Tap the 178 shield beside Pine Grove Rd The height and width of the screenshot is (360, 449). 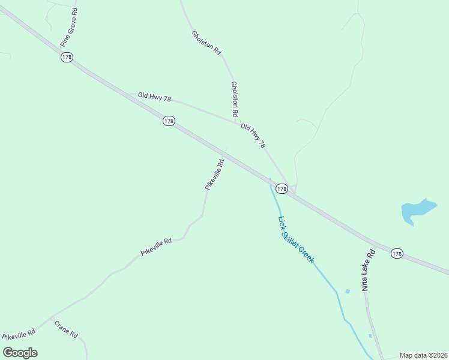tap(67, 57)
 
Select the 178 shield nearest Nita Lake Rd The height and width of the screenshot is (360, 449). tap(396, 254)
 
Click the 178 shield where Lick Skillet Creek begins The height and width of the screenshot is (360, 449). tap(282, 188)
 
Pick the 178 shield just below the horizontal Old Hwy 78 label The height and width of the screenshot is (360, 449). tap(169, 121)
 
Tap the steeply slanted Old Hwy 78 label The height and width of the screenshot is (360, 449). tap(253, 136)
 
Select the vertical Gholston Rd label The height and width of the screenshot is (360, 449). tap(235, 99)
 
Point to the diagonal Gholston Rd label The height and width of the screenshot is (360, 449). tap(206, 43)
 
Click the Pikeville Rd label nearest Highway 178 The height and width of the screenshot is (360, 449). tap(214, 175)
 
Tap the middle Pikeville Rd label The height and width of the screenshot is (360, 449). tap(156, 247)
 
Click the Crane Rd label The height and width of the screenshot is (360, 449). tap(66, 329)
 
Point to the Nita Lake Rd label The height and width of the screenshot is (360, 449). tap(368, 271)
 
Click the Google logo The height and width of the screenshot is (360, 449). tap(20, 353)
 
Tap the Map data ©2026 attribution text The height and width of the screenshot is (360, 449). tap(424, 355)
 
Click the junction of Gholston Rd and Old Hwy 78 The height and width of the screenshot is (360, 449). tap(235, 122)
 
